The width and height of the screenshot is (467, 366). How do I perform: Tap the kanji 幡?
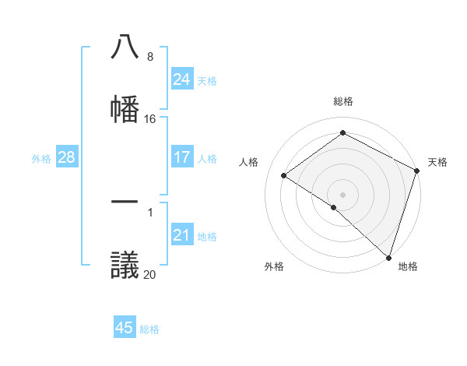125,108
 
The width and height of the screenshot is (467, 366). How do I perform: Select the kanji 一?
125,202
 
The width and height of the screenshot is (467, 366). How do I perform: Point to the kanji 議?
125,263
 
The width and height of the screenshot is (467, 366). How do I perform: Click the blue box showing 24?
181,79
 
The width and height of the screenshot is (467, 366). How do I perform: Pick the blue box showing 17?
181,157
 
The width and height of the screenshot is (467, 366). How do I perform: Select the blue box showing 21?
181,235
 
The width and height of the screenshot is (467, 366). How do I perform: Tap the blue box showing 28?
66,157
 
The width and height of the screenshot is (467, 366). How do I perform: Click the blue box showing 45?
125,328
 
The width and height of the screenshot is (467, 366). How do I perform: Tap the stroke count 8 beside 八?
149,57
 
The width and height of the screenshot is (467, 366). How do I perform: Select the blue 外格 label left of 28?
41,158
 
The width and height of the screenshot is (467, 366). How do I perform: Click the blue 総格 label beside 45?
149,329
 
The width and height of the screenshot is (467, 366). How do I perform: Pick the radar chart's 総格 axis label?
343,101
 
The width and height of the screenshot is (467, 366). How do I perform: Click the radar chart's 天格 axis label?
437,162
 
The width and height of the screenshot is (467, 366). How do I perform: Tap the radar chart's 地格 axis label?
408,266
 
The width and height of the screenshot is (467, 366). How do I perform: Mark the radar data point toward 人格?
284,175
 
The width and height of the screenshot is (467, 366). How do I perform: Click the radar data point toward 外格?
334,207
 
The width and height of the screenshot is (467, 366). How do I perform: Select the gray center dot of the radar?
343,194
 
